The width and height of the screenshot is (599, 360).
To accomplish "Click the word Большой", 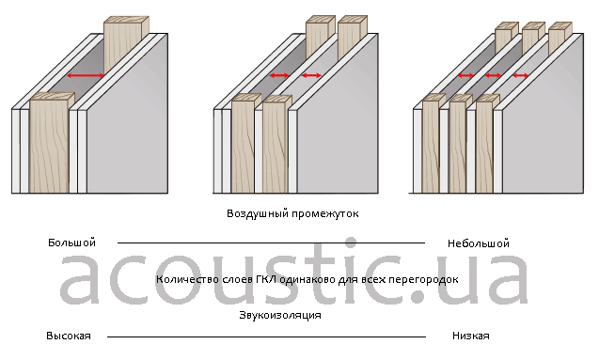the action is (71, 243).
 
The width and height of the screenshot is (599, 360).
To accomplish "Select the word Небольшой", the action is (479, 243).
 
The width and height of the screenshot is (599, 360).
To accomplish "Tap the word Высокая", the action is (69, 336).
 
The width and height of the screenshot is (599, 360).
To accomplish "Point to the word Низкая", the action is (470, 336).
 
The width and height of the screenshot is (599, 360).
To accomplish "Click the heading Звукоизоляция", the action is (280, 315).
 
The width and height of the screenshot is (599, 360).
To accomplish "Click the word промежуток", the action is (325, 213).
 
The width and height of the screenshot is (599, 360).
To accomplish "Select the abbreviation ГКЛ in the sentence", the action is (266, 279).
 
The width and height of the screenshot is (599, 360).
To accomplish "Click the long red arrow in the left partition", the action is (86, 75).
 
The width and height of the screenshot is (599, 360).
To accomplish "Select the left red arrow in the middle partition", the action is (279, 75).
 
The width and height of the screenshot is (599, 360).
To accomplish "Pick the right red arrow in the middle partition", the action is (311, 75).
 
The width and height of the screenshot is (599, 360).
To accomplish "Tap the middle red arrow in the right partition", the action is (493, 75).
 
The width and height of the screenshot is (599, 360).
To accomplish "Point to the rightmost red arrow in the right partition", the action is (520, 75).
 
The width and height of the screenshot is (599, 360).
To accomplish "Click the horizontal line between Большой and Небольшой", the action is (271, 243).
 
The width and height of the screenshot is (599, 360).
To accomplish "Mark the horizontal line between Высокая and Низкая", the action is (267, 337).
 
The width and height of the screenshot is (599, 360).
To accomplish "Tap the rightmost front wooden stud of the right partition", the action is (485, 144).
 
